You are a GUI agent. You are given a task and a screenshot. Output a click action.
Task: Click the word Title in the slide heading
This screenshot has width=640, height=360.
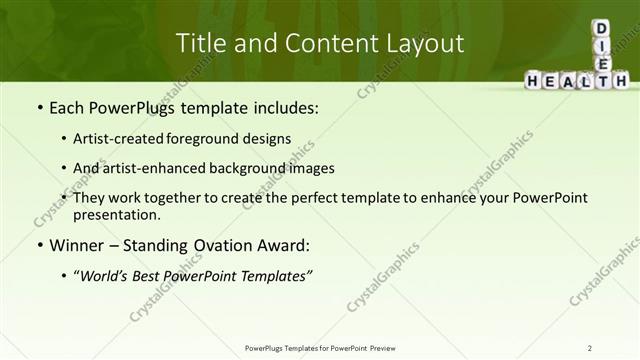pyautogui.click(x=199, y=43)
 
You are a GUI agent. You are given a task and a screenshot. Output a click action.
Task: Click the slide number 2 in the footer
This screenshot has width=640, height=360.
pyautogui.click(x=590, y=347)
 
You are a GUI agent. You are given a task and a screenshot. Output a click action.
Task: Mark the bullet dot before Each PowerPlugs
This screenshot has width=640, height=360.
pyautogui.click(x=39, y=107)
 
